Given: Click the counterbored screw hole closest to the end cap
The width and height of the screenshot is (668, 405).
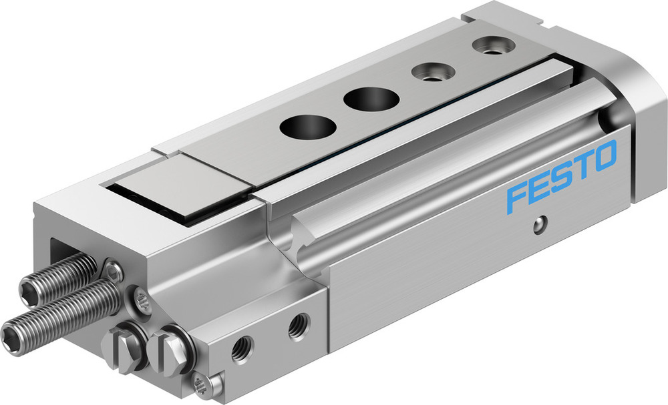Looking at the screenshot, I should coord(490,46).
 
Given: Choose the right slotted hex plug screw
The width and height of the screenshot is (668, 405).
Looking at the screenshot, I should coord(170,346).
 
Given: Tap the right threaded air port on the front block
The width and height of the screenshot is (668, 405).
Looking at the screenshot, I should coord(298,326).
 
